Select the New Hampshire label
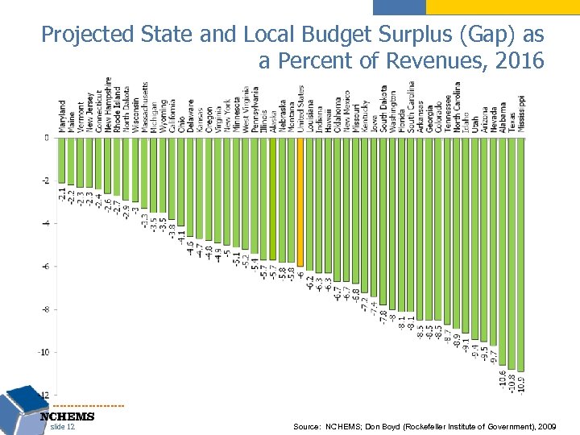coord(108,106)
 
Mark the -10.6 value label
coord(503,379)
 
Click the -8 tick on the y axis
coord(45,309)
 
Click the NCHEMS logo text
coord(67,416)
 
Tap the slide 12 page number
coord(62,427)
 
